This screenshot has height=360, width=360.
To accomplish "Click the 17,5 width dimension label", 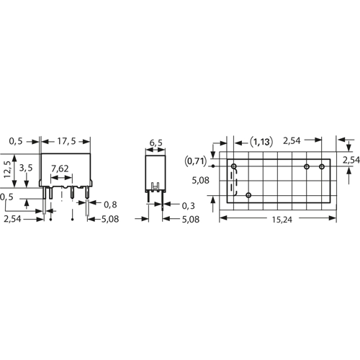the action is (66, 141).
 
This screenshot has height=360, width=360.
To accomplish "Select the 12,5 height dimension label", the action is (8, 169).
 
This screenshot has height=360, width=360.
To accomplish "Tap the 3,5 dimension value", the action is (26, 168).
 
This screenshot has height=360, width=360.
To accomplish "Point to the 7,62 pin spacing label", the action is (60, 168).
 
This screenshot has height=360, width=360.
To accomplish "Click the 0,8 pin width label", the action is (110, 204).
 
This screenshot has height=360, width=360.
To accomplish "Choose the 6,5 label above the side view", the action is (156, 143).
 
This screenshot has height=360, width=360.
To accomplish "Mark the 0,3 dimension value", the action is (188, 206).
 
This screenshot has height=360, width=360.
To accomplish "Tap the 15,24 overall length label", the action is (282, 220).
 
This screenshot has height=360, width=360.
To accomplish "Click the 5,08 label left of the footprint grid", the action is (200, 180).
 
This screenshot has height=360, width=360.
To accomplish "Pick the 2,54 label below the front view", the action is (12, 219).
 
